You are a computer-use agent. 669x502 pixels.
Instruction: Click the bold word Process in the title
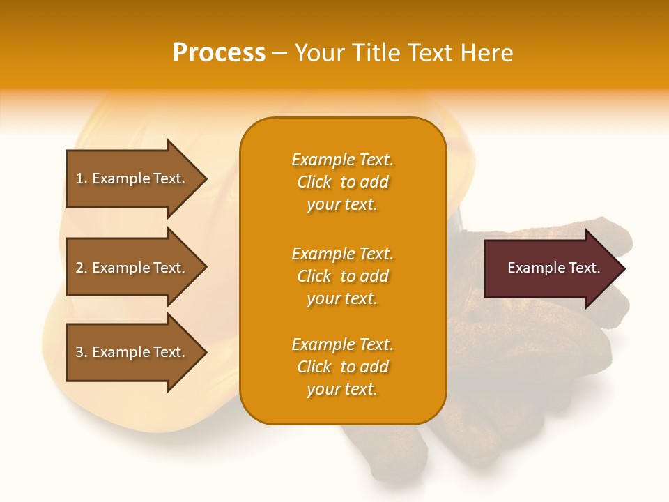219,53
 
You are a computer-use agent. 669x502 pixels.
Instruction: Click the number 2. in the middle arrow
82,268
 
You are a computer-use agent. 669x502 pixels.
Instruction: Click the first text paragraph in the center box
342,182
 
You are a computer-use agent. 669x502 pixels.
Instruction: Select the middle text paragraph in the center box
342,276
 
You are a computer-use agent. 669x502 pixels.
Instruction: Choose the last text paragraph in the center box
342,367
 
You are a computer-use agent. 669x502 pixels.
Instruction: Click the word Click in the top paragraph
314,182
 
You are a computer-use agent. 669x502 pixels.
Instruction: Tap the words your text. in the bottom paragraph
342,390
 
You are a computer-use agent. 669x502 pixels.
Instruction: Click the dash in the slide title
279,54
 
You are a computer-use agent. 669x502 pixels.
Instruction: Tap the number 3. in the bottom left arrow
82,352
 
